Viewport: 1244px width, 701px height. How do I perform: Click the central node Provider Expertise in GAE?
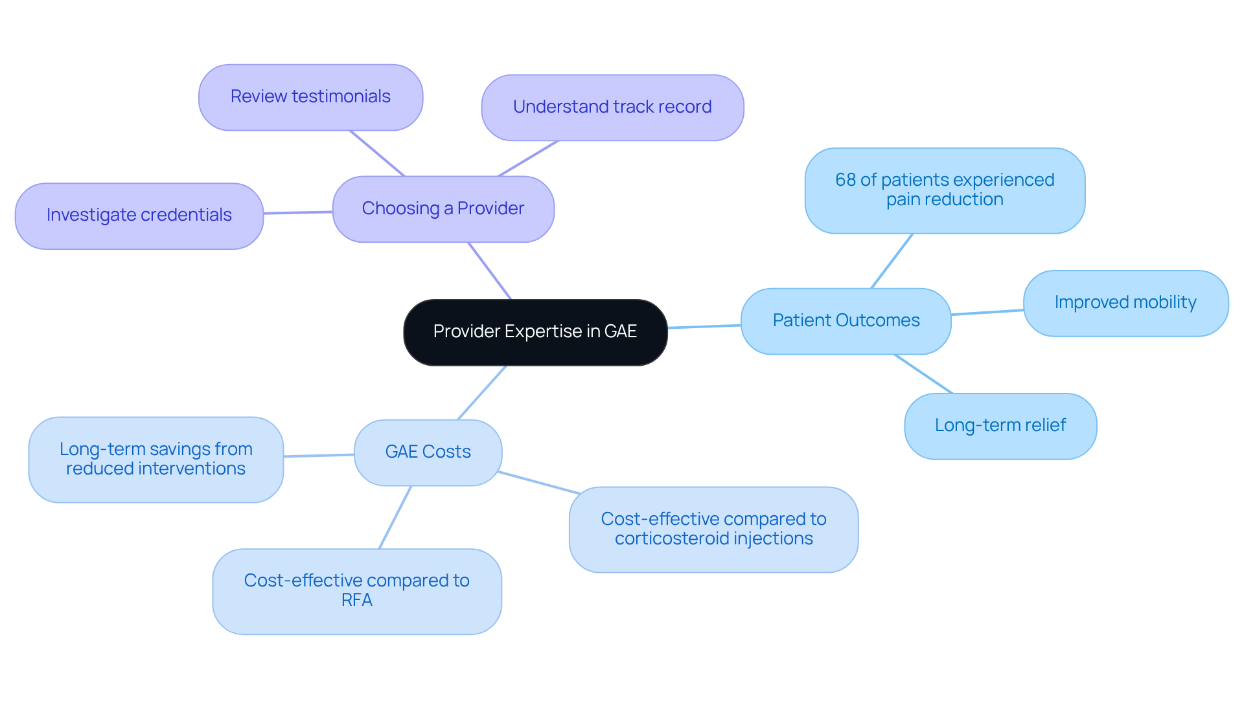tap(535, 332)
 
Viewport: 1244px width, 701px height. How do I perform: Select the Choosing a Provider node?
tap(443, 209)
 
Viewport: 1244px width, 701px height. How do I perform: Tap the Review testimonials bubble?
tap(310, 97)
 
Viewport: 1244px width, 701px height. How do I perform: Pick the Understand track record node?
tap(612, 107)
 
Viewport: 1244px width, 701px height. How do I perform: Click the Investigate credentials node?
tap(139, 216)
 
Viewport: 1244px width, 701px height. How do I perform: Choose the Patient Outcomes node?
tap(846, 321)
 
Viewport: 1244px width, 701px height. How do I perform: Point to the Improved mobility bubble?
tap(1125, 303)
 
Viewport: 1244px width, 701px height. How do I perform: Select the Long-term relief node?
tap(1000, 426)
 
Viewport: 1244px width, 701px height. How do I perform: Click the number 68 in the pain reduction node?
tap(846, 180)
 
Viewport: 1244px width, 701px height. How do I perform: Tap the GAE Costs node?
tap(428, 452)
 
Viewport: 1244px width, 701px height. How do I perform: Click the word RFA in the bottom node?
tap(356, 601)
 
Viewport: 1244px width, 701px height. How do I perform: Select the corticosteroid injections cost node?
tap(713, 529)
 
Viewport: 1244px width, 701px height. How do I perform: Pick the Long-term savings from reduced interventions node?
tap(155, 460)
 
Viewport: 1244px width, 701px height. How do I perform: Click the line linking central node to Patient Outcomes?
tap(704, 326)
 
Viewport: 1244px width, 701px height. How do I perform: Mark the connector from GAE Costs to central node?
tap(482, 392)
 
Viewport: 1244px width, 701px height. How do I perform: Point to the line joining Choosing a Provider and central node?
tap(490, 271)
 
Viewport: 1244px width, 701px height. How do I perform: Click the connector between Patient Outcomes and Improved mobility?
tap(987, 312)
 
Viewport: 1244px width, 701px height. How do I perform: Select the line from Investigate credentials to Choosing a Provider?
tap(298, 212)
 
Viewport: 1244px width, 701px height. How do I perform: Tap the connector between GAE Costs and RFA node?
tap(395, 517)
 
